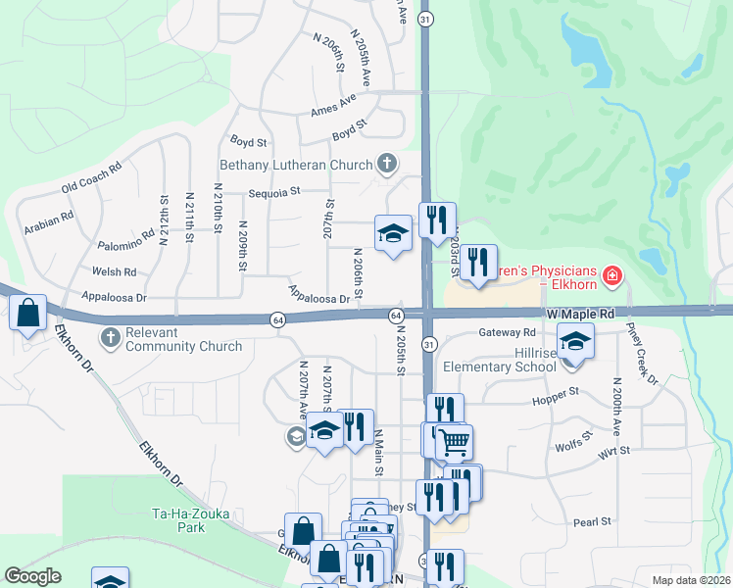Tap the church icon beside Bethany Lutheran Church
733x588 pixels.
pos(387,164)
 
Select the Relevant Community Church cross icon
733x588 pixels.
pos(110,338)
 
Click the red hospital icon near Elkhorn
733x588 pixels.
pos(613,277)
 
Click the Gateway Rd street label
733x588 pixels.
pos(507,332)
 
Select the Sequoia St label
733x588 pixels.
pos(273,193)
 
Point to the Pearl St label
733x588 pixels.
pos(592,521)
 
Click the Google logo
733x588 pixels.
pos(32,575)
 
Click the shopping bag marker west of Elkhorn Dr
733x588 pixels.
pos(28,314)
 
